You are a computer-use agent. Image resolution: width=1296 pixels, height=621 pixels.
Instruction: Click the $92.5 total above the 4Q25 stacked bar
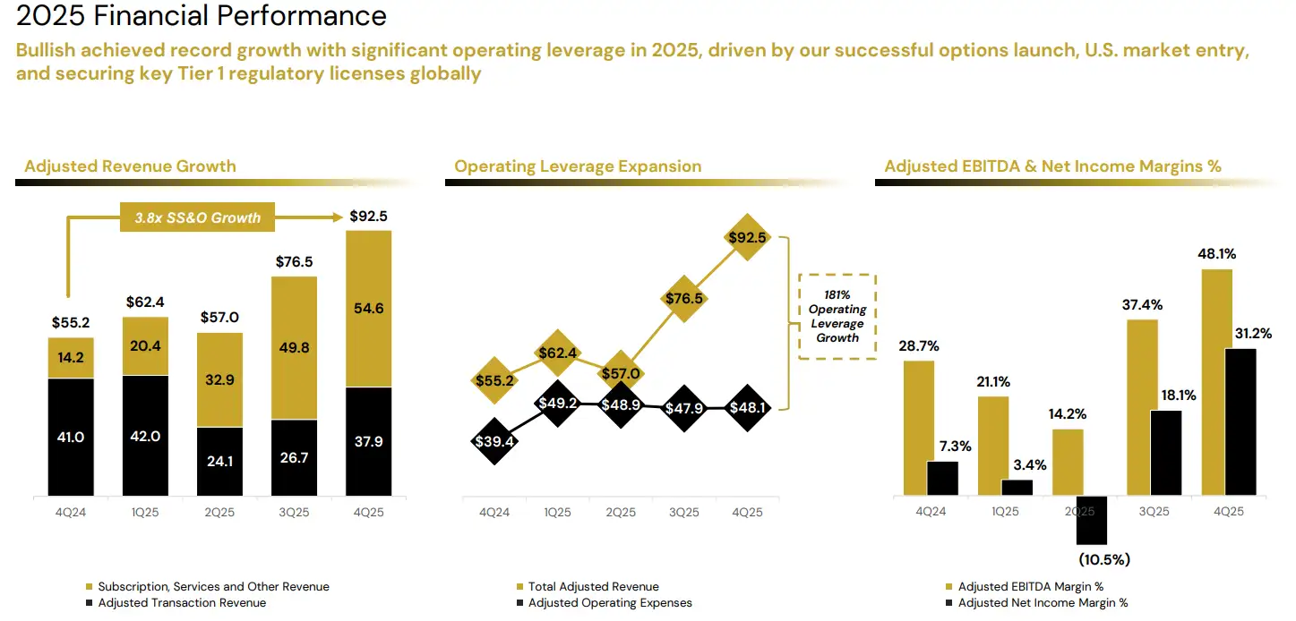tap(368, 217)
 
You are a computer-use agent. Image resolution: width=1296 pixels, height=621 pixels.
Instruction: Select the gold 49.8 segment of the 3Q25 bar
tap(294, 347)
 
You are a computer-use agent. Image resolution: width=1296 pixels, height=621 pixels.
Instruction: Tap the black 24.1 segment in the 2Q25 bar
tap(219, 462)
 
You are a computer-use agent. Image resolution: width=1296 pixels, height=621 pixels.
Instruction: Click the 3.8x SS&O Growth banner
tap(198, 217)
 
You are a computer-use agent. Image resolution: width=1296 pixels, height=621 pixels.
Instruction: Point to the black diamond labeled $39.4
tap(494, 440)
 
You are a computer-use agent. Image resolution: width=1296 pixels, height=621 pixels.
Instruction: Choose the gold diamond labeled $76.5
tap(684, 299)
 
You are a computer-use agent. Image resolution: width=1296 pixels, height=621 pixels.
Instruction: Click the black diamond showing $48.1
tap(748, 408)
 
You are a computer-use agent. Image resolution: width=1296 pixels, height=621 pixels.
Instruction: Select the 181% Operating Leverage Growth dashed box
tap(837, 317)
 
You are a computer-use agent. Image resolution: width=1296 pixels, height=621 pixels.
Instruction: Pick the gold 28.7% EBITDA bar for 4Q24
tap(919, 427)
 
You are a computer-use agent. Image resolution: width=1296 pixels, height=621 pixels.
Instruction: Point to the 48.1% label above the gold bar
tap(1216, 254)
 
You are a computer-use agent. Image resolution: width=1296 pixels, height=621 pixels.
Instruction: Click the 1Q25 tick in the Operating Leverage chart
tap(557, 512)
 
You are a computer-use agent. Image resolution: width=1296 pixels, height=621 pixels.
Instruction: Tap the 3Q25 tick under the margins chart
tap(1154, 512)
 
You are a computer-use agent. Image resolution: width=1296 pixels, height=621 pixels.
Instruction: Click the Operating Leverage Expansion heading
tap(578, 166)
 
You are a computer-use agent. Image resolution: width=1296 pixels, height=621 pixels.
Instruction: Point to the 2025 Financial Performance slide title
tap(202, 15)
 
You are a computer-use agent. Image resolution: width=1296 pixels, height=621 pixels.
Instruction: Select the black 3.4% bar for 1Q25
tap(1017, 487)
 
